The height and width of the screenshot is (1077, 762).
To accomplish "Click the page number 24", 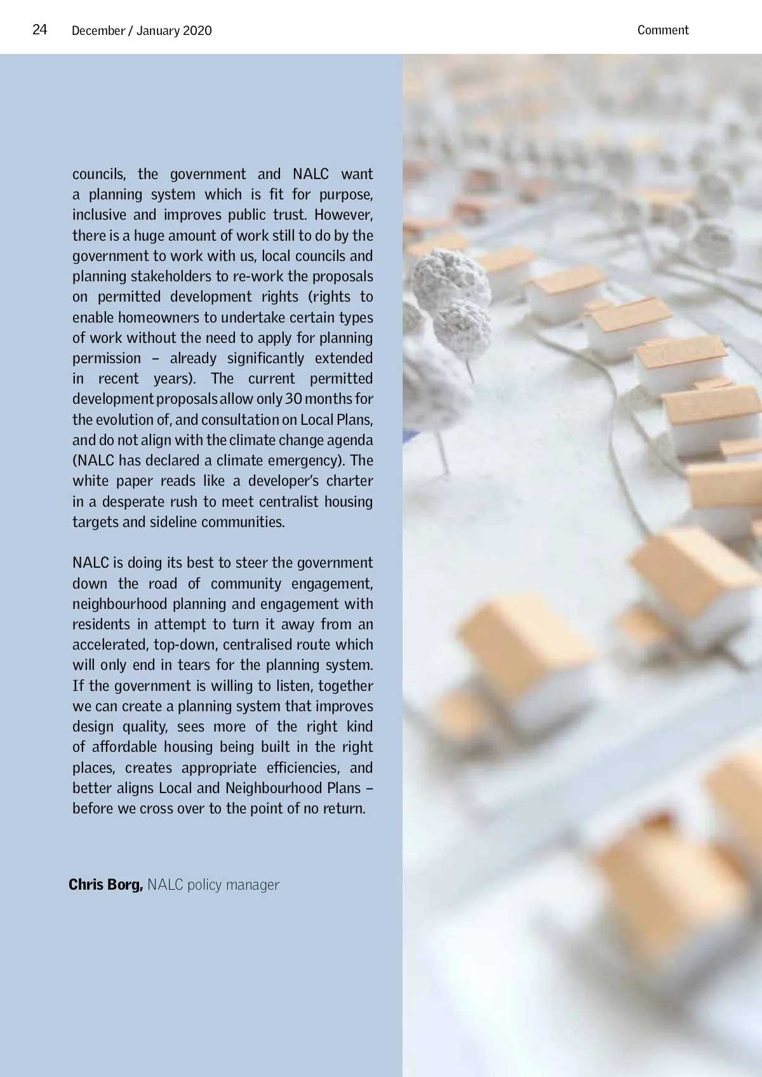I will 39,30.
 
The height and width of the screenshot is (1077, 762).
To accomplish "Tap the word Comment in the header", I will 662,30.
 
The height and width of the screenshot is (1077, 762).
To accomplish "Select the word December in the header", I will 98,30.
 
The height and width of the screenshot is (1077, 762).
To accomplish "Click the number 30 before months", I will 293,399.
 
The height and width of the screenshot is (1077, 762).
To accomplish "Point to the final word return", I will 344,808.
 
